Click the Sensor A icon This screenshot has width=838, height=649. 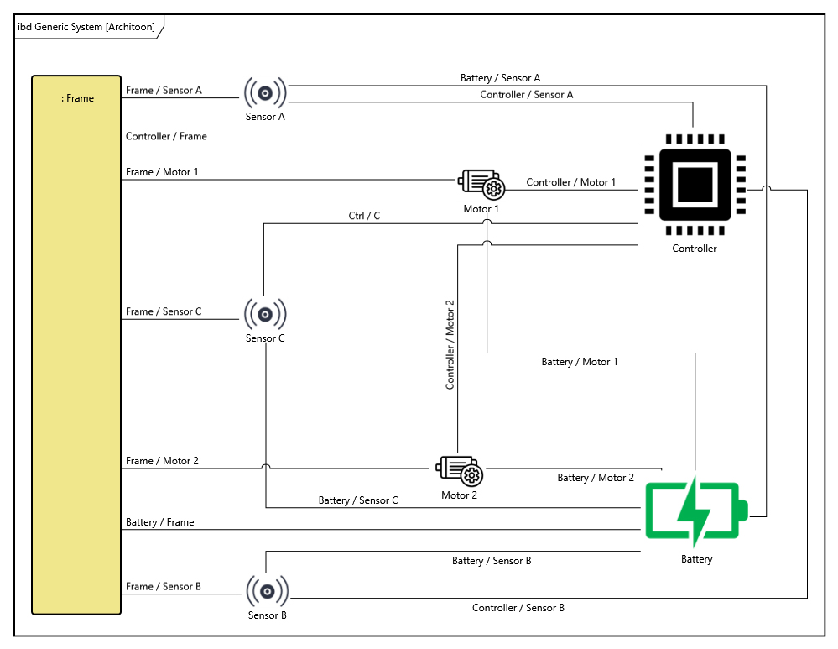click(265, 92)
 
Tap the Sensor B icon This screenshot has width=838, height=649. click(268, 591)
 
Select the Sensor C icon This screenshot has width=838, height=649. click(265, 314)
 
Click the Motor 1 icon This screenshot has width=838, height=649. click(481, 184)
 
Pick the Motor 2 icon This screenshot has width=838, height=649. click(460, 471)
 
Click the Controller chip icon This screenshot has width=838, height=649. click(695, 184)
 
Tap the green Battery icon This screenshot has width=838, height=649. click(696, 510)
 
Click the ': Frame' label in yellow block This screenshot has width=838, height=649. click(78, 98)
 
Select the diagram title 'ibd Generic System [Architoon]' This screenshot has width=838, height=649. click(86, 27)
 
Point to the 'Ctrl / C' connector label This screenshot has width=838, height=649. click(364, 216)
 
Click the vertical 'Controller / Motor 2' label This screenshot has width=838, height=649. click(450, 344)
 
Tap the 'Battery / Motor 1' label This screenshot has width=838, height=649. click(579, 362)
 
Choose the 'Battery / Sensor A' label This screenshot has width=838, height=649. click(500, 78)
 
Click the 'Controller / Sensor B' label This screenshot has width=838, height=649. click(518, 608)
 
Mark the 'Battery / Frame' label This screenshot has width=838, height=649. click(159, 522)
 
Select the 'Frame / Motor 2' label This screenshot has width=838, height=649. click(162, 461)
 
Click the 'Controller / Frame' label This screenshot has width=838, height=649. click(166, 136)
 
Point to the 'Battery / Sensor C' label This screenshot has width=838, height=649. click(358, 500)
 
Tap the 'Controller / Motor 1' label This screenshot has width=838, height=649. click(570, 182)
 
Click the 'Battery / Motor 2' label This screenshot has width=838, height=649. click(596, 478)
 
